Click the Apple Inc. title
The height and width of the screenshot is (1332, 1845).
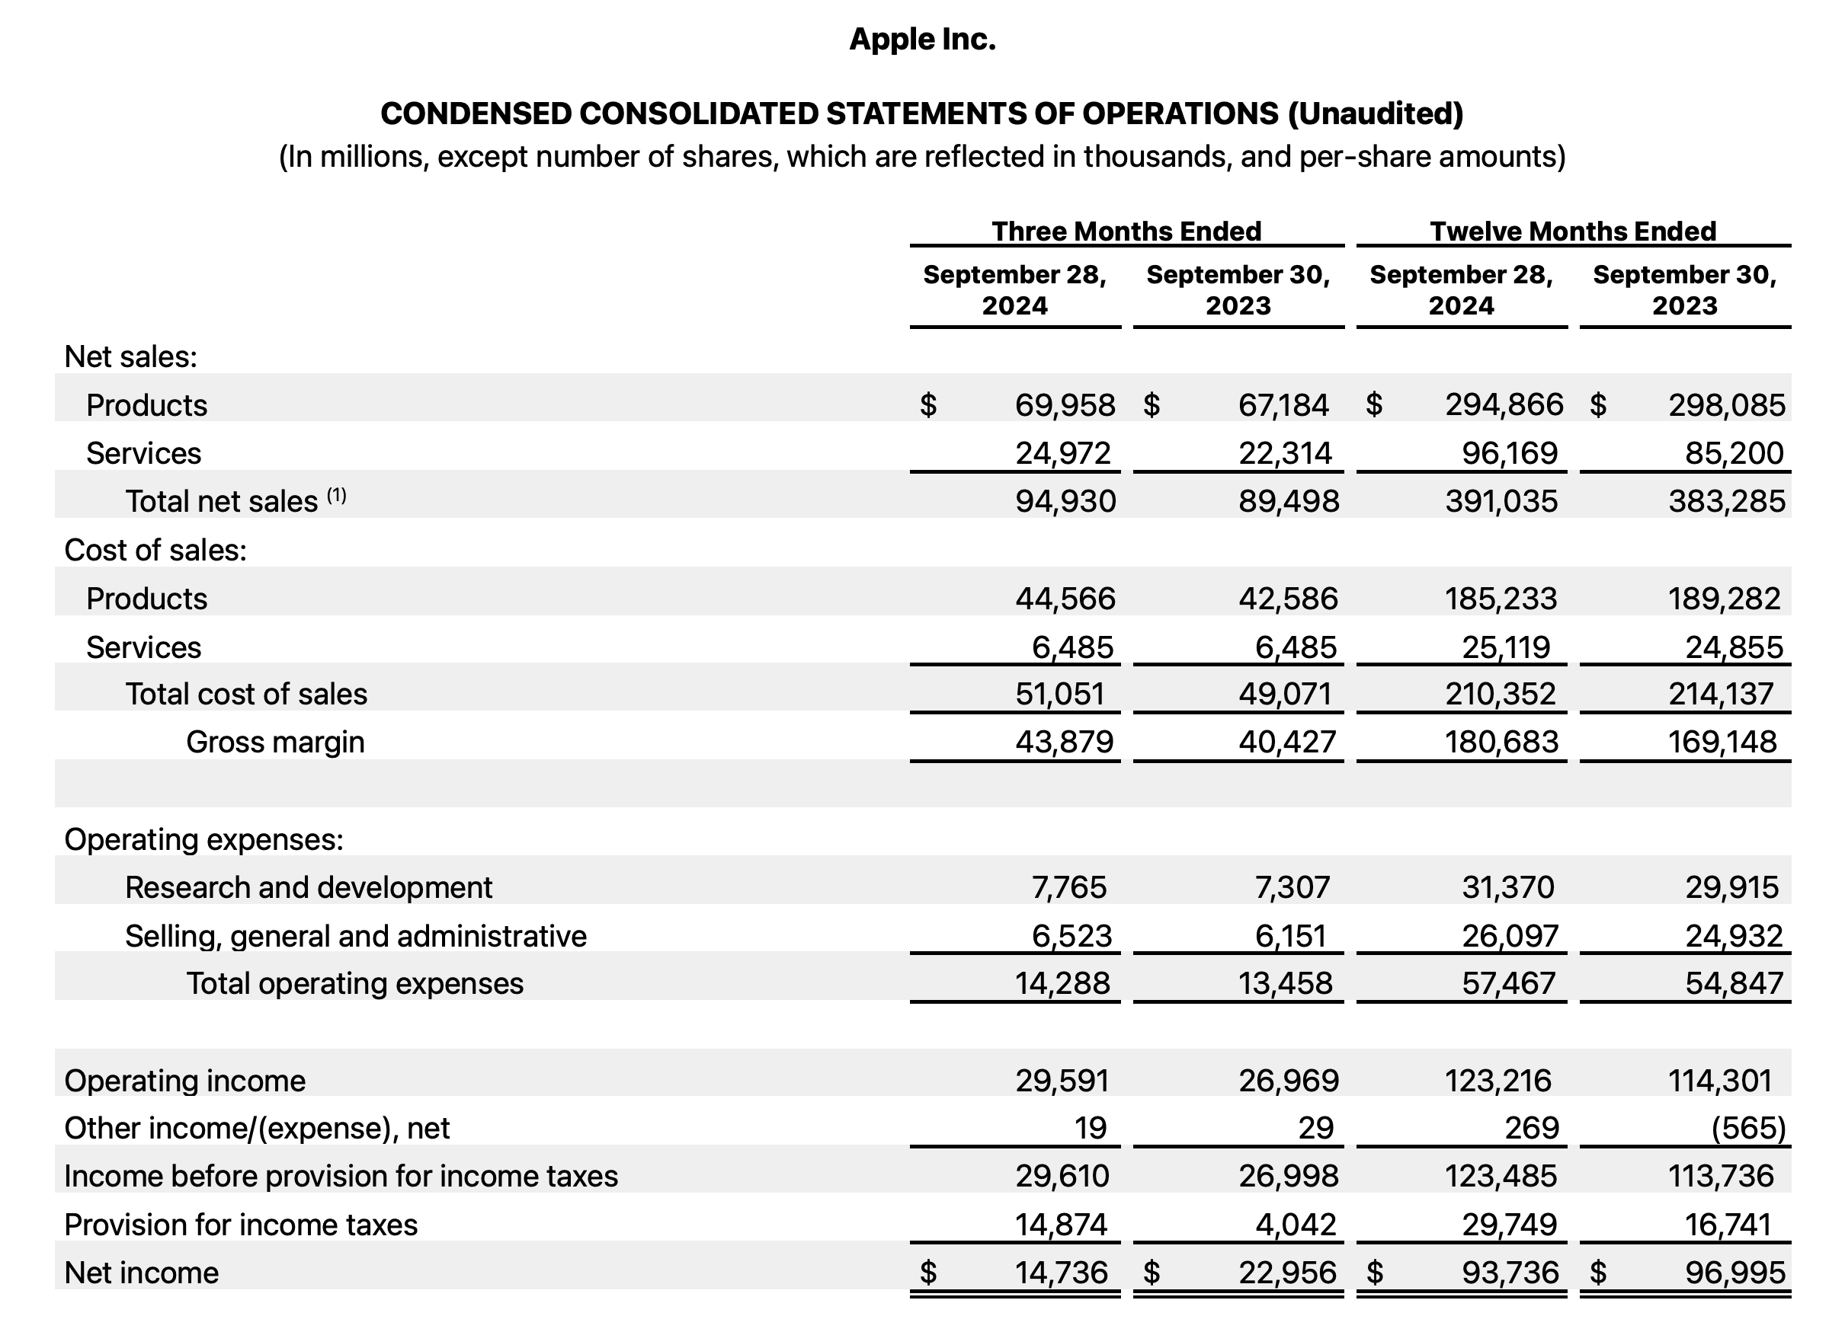pos(921,39)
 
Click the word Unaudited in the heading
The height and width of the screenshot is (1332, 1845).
pos(1374,113)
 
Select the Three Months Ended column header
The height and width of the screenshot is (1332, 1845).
pos(1126,231)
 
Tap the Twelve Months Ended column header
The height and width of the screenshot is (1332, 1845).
pos(1572,231)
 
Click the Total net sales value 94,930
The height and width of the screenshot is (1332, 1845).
pos(1065,501)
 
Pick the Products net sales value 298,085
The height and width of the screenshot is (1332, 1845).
pos(1726,404)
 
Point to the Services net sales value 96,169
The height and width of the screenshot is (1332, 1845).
pos(1509,453)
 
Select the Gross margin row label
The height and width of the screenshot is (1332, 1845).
pos(275,742)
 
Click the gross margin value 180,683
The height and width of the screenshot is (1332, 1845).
pos(1501,742)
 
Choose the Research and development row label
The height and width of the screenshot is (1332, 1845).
pos(309,887)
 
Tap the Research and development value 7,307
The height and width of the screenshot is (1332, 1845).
pos(1292,887)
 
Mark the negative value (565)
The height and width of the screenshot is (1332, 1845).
pos(1748,1128)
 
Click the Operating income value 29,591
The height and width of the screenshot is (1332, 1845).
pos(1062,1081)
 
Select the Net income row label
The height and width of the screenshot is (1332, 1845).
pos(142,1273)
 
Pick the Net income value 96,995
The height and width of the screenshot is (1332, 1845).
pos(1734,1273)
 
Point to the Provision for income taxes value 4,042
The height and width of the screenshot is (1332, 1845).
pos(1295,1225)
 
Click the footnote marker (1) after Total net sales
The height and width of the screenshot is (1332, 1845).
pos(337,494)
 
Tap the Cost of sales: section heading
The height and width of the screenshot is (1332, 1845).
pos(155,551)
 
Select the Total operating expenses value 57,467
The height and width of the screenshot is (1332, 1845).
pos(1508,984)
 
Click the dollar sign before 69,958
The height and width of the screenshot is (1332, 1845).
pos(928,404)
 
